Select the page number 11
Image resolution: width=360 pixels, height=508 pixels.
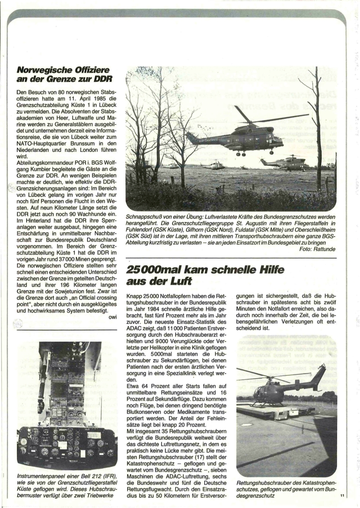pos(342,496)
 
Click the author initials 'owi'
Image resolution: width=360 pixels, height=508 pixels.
pos(113,317)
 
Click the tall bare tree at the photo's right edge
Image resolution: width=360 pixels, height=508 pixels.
pos(318,125)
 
